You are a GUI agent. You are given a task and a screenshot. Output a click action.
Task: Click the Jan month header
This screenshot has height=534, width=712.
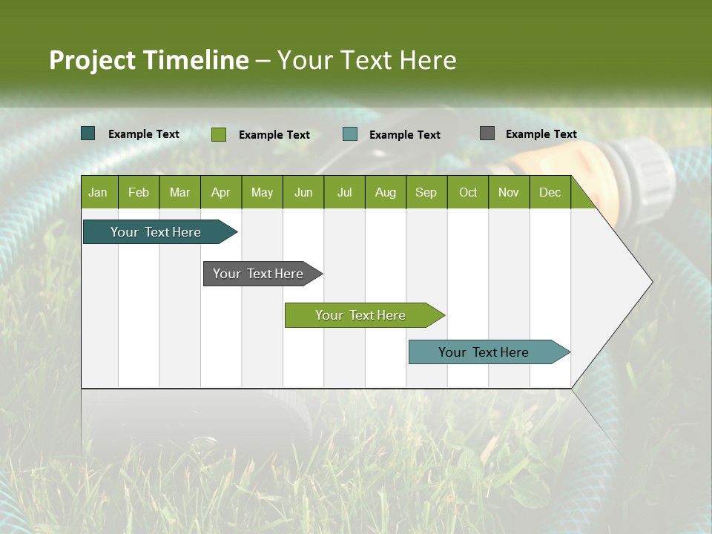98,192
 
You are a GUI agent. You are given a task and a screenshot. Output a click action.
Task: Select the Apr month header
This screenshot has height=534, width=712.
221,192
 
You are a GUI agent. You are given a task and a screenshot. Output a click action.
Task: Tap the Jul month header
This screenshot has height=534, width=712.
344,192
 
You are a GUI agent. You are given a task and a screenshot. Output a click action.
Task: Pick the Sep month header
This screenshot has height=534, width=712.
426,192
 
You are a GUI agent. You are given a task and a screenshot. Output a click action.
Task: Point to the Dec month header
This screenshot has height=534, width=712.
550,192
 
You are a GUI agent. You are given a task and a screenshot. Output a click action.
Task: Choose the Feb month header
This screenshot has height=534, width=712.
139,192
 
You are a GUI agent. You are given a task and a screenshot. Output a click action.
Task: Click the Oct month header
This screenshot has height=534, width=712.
468,192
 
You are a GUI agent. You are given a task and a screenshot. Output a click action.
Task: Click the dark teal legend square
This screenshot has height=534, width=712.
88,133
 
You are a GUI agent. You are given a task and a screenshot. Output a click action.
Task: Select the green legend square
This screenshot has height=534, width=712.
219,134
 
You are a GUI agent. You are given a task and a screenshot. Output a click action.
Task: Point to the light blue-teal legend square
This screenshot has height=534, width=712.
350,134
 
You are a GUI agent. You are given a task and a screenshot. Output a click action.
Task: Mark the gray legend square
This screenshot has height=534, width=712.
487,133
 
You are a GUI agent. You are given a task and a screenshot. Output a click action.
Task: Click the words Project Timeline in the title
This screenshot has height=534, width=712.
148,60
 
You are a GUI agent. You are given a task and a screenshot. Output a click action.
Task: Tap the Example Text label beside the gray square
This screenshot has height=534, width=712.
541,134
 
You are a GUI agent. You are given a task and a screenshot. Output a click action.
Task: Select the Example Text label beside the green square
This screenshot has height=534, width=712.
274,135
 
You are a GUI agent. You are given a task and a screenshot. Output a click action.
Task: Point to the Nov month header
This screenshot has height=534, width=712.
509,192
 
